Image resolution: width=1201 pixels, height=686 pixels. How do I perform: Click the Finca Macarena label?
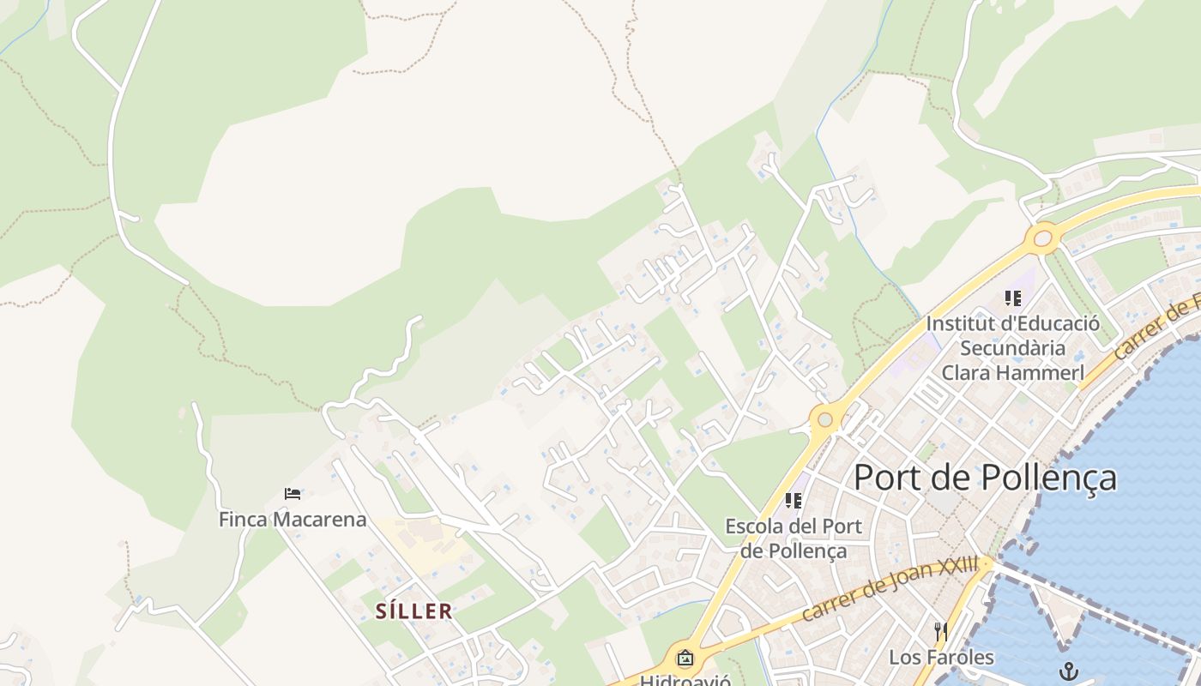pyautogui.click(x=293, y=520)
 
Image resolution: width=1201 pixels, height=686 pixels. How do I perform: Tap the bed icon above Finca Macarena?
pyautogui.click(x=293, y=494)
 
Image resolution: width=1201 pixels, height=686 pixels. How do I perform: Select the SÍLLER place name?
pyautogui.click(x=414, y=611)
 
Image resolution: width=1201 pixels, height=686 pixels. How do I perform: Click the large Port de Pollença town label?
pyautogui.click(x=985, y=478)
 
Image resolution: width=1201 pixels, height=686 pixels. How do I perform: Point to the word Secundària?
pyautogui.click(x=1012, y=348)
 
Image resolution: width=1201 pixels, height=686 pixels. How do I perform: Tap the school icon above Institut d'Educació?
pyautogui.click(x=1013, y=298)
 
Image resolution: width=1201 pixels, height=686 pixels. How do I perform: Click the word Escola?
pyautogui.click(x=754, y=526)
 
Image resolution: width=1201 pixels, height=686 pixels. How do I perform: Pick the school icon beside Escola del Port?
pyautogui.click(x=794, y=500)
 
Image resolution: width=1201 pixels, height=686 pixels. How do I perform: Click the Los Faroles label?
pyautogui.click(x=941, y=658)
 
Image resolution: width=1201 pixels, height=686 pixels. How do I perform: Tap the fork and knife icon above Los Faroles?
pyautogui.click(x=941, y=633)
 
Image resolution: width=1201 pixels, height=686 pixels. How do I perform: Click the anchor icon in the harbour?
pyautogui.click(x=1068, y=671)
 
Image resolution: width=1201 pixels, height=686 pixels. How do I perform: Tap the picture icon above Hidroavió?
pyautogui.click(x=685, y=659)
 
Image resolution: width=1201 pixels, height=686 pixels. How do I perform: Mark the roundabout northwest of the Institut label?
pyautogui.click(x=1043, y=238)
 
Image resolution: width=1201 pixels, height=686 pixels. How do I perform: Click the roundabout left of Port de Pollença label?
pyautogui.click(x=825, y=419)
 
